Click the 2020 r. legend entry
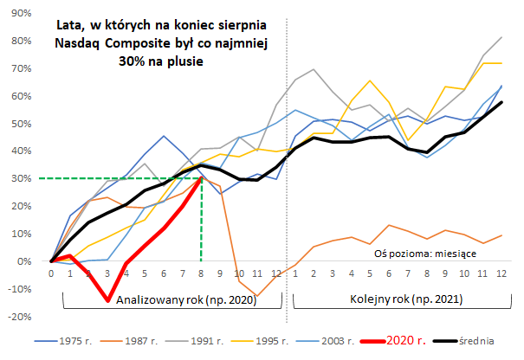(x=395, y=342)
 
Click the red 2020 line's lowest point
(x=107, y=300)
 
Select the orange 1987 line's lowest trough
(x=256, y=296)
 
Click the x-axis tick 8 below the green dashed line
(x=201, y=274)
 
